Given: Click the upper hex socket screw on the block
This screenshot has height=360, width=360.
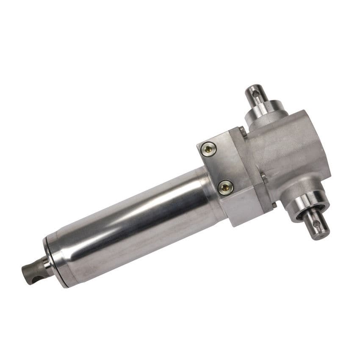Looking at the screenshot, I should [x=208, y=148].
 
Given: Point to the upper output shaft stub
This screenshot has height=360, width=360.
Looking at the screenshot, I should [x=257, y=96].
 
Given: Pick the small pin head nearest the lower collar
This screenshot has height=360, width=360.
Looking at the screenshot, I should [x=274, y=205].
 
